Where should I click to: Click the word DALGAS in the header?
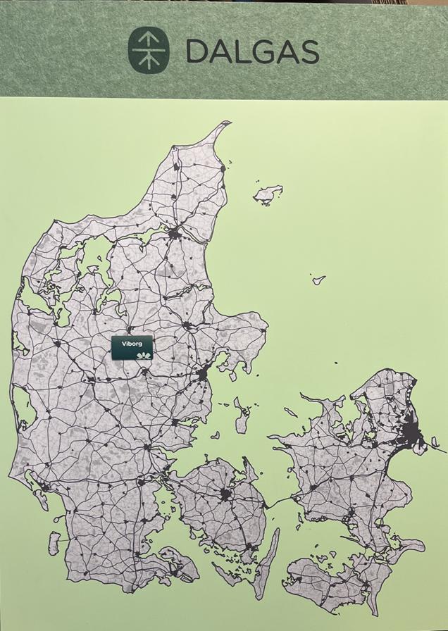point(252,51)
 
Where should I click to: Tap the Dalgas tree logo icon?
point(148,51)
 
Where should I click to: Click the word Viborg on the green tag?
point(132,343)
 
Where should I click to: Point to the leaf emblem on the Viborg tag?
point(144,355)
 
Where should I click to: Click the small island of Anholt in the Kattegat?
point(318,280)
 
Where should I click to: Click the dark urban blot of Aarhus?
point(203,373)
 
